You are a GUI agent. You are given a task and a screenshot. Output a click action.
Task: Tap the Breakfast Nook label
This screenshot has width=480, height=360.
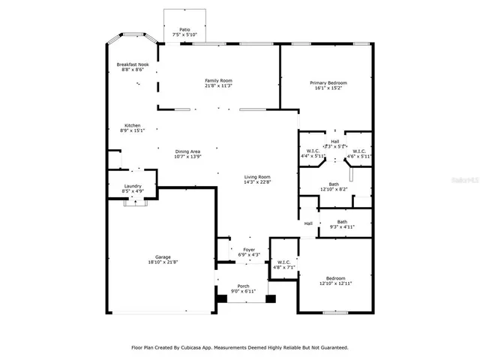(x=132, y=64)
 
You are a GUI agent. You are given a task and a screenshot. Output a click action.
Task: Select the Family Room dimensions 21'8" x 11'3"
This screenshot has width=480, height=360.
(x=219, y=85)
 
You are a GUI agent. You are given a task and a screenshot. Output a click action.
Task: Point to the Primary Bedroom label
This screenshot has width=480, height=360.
(x=328, y=82)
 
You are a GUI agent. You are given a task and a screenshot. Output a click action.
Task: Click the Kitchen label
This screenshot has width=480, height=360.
(x=132, y=125)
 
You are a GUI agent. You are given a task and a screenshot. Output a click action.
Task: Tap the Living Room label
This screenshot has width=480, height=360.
(x=256, y=177)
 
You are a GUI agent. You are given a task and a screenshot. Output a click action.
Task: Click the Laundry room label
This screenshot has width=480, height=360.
(x=132, y=186)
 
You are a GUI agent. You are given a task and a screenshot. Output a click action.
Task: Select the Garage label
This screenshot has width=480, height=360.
(x=163, y=257)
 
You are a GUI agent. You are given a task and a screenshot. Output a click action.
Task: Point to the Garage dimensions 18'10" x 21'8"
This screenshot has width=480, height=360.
(x=163, y=262)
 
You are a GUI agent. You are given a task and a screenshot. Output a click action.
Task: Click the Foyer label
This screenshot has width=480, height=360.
(x=248, y=250)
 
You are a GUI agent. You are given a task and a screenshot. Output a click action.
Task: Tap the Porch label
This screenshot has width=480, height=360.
(x=244, y=286)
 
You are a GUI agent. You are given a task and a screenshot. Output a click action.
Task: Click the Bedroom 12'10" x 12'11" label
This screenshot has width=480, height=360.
(x=335, y=277)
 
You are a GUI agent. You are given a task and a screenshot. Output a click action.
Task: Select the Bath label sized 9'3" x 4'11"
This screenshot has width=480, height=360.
(x=342, y=221)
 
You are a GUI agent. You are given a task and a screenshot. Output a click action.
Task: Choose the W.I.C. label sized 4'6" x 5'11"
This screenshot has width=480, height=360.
(x=361, y=151)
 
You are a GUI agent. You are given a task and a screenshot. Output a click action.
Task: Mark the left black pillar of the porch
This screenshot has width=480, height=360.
(x=222, y=298)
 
